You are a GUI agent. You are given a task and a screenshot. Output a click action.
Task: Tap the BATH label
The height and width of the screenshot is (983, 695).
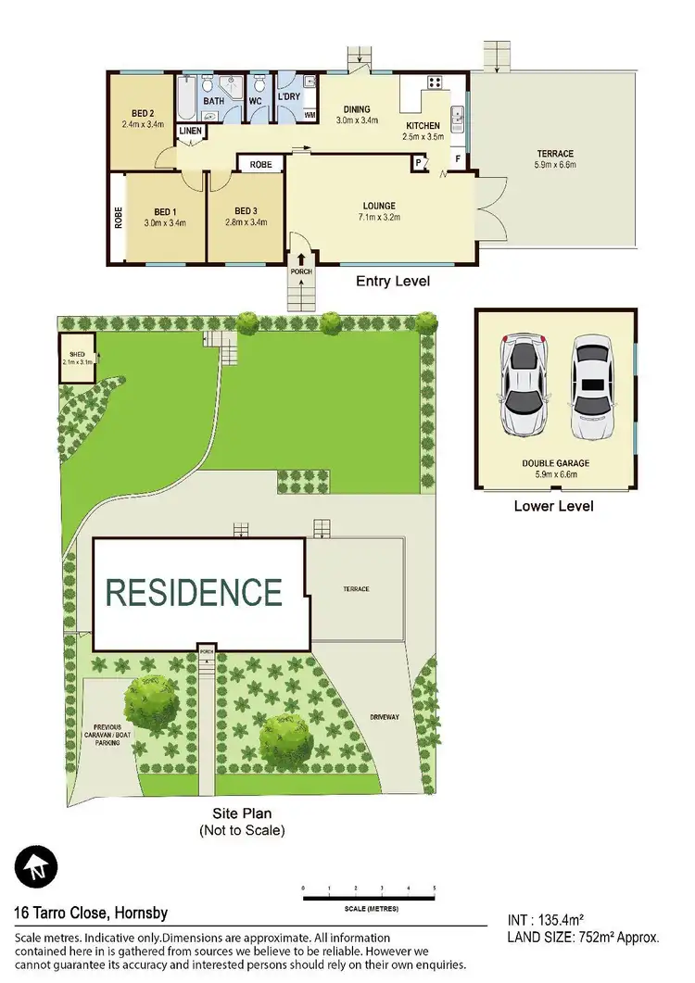point(214,101)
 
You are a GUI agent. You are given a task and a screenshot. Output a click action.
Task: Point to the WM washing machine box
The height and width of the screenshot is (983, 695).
point(310,115)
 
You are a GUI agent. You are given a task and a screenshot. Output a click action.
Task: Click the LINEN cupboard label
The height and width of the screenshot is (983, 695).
point(190,132)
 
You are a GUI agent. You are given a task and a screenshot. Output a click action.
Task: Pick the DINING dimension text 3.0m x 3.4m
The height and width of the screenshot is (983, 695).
point(357,120)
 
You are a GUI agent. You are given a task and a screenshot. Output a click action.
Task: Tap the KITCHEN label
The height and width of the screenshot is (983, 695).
point(424,126)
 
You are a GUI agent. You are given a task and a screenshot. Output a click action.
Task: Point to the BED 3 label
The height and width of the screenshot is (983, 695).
point(246,211)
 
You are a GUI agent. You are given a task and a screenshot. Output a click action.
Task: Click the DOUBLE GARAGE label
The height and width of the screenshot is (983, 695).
point(556,463)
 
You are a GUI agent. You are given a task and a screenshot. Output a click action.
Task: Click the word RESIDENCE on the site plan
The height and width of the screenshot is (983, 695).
point(194,592)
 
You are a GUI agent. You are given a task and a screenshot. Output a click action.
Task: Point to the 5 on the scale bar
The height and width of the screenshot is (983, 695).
point(434,888)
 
